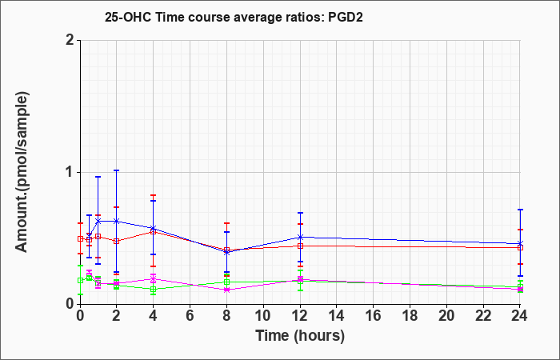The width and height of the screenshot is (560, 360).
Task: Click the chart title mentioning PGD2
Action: [234, 17]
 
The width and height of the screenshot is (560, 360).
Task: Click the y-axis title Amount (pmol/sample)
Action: [22, 172]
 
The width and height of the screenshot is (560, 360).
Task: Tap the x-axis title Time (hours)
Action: [300, 336]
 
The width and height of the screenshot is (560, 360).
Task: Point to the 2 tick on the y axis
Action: [70, 40]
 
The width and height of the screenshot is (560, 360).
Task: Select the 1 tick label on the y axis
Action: [70, 172]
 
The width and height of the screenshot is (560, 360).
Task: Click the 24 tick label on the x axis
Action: [519, 316]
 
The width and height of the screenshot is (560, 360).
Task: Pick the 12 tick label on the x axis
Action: [300, 316]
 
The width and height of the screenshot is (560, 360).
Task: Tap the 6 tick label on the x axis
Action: [190, 316]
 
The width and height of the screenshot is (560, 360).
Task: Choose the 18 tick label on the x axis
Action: [410, 316]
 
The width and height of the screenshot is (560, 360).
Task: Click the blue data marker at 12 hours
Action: [300, 237]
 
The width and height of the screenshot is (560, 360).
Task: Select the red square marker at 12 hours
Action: [300, 246]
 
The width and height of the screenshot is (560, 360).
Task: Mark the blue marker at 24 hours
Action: [520, 243]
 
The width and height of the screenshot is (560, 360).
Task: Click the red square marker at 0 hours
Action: [80, 238]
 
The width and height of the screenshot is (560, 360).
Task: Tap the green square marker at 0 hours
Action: [80, 280]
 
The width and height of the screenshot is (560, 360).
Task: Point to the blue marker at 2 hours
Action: [116, 221]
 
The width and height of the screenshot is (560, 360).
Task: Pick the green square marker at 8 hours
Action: [226, 282]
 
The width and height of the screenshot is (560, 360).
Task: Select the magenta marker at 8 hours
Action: [226, 290]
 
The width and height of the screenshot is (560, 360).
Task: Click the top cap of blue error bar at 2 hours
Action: [116, 170]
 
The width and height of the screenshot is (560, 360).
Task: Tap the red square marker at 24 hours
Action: [520, 247]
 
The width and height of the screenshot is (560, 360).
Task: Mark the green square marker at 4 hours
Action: [154, 289]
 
